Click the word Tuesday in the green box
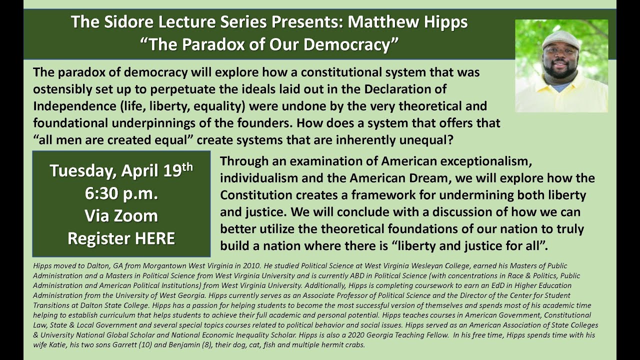[x=82, y=171]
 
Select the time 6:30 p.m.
[x=121, y=193]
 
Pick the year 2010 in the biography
[x=247, y=266]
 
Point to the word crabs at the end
[x=354, y=345]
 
